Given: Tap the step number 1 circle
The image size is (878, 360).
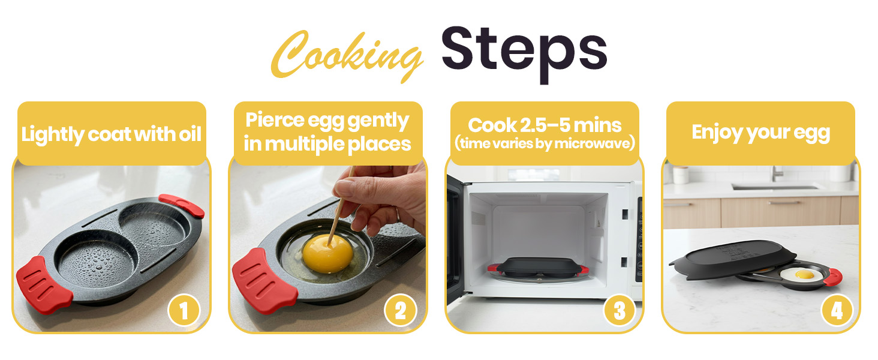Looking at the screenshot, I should (x=184, y=310).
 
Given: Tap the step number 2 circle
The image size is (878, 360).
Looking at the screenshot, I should (x=400, y=310).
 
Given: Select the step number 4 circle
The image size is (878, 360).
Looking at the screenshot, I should (x=836, y=310).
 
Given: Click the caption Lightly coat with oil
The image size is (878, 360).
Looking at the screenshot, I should (x=112, y=134).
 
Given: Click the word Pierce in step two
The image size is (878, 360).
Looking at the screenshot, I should (x=274, y=121).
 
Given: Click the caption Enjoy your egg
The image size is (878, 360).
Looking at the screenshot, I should (x=760, y=132).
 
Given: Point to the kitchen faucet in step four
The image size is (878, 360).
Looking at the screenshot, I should (x=776, y=173).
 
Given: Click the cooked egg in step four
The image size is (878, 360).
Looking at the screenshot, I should (x=802, y=275).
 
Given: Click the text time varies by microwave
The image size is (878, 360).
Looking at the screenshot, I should (x=545, y=143).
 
